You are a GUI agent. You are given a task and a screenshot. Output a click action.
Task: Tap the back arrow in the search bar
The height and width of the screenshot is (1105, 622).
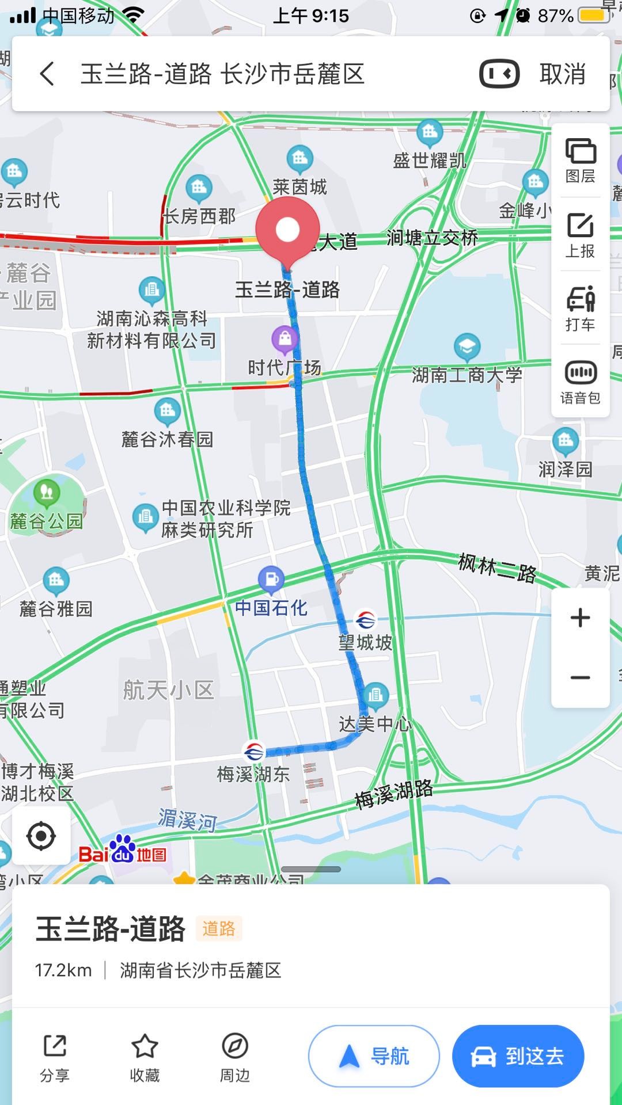(47, 74)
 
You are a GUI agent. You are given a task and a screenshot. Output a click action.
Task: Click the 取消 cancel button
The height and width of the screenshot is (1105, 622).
(562, 74)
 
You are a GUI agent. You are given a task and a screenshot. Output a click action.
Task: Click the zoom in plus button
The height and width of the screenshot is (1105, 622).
(580, 618)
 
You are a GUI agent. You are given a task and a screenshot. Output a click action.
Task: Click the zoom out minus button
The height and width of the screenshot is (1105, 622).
(580, 677)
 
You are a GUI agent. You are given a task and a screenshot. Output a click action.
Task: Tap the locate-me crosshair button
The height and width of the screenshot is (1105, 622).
(41, 836)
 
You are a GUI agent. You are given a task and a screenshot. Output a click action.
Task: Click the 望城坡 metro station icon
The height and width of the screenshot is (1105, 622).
(365, 620)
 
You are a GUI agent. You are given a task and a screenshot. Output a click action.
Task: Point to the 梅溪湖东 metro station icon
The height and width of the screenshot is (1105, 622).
(253, 752)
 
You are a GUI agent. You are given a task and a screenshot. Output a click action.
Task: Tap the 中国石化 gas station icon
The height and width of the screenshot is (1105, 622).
(271, 580)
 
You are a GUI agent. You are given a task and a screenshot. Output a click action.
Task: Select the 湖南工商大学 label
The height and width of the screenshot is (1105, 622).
(466, 375)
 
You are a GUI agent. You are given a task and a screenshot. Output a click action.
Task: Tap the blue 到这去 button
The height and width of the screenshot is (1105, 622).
(518, 1056)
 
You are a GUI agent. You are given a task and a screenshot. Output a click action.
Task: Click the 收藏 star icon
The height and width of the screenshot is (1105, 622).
(145, 1047)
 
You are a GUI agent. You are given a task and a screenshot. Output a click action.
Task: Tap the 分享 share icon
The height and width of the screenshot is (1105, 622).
(55, 1047)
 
